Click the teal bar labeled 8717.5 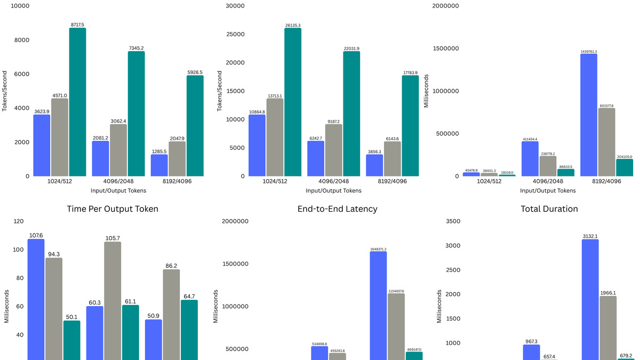tap(77, 102)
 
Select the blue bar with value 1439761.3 tap(588, 115)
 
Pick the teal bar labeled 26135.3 tap(293, 102)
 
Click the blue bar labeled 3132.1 tap(590, 299)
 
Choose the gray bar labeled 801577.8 tap(607, 142)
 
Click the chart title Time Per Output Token tap(113, 209)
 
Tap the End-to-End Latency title tap(337, 209)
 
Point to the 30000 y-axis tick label tap(235, 6)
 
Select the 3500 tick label tap(452, 221)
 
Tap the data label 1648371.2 tap(378, 249)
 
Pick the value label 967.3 tap(531, 341)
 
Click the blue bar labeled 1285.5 tap(159, 165)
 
